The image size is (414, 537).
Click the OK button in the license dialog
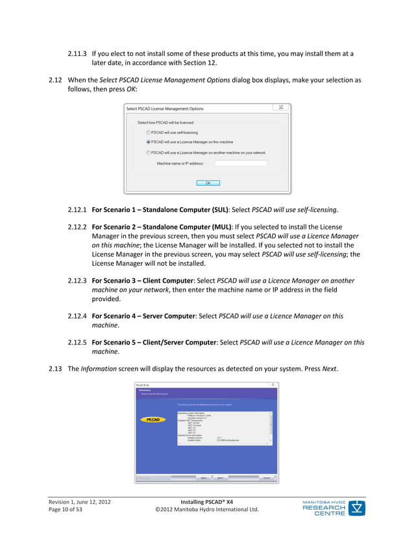click(x=208, y=183)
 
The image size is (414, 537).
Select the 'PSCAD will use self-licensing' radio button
click(x=148, y=131)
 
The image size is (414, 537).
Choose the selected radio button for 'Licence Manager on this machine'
click(x=148, y=141)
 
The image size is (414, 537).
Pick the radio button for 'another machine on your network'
click(x=148, y=153)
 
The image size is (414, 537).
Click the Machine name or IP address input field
click(x=240, y=163)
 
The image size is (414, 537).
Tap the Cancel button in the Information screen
click(x=266, y=478)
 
